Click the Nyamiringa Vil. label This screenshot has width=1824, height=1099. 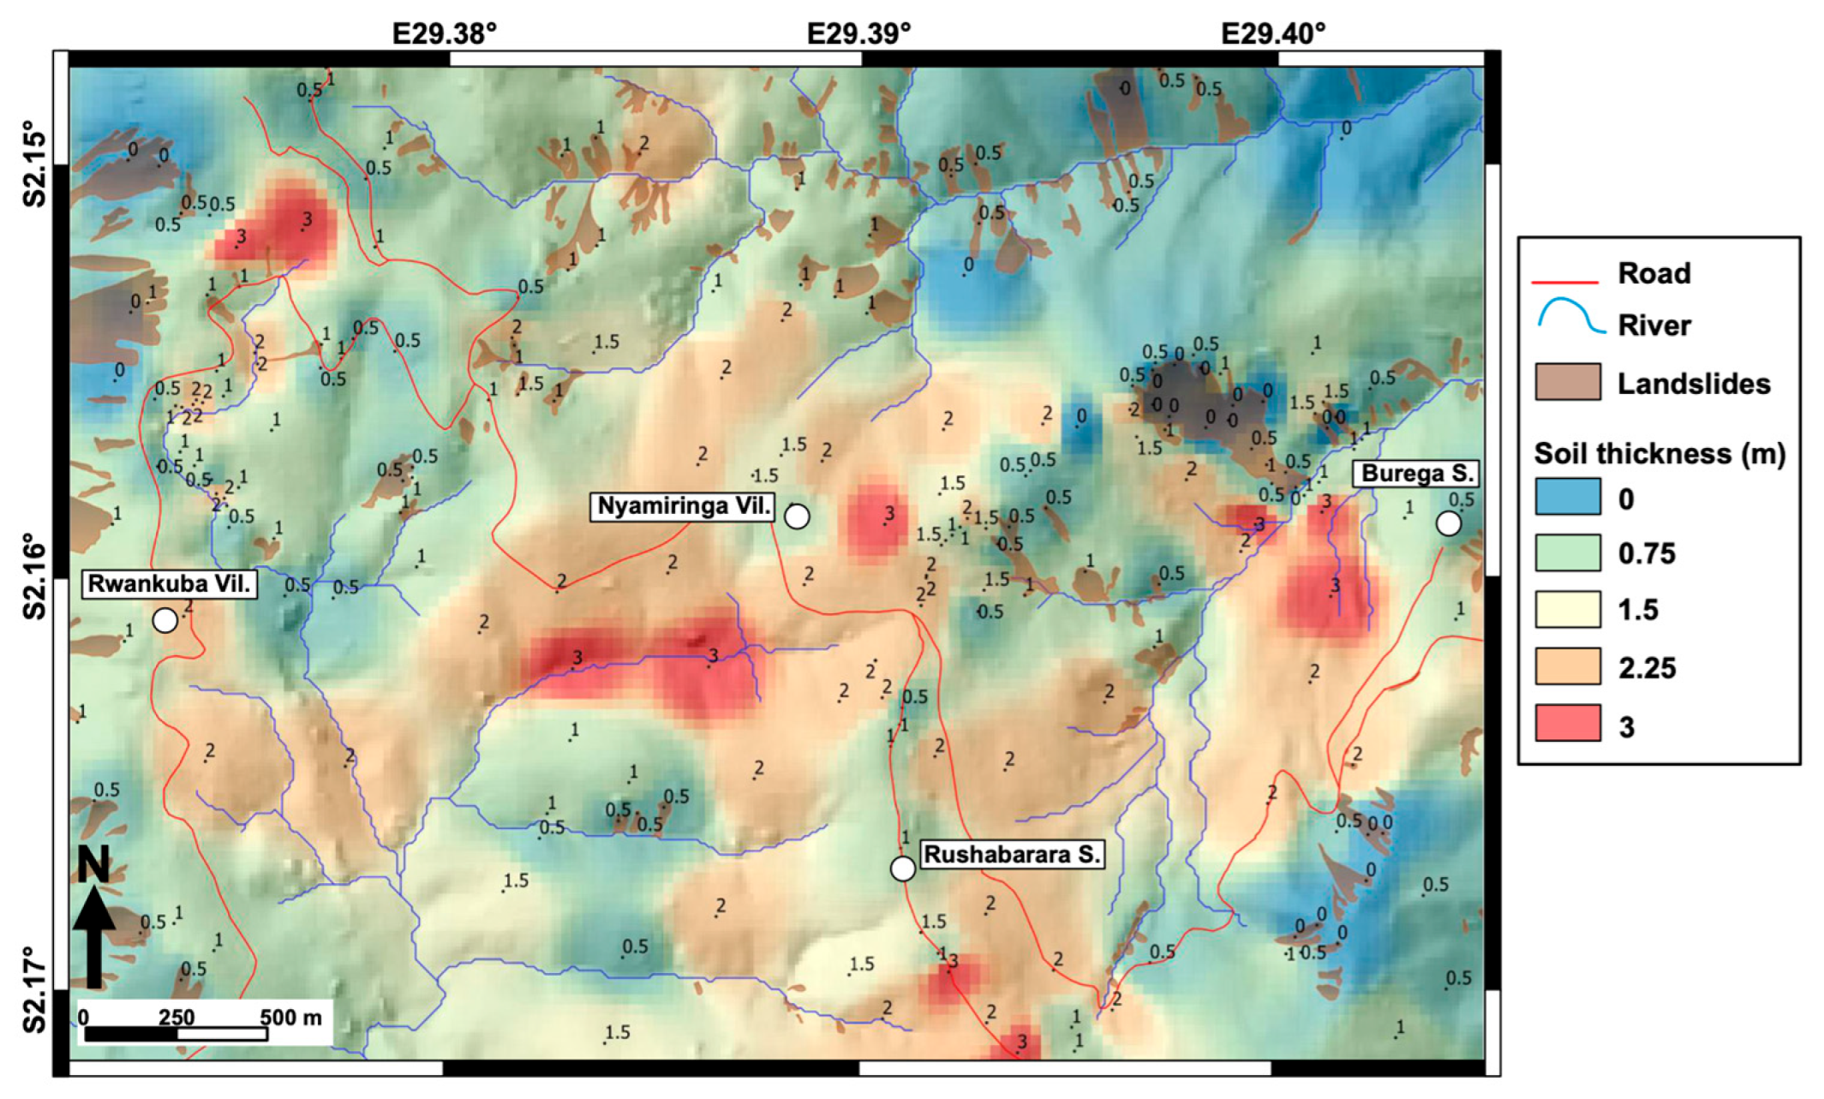683,506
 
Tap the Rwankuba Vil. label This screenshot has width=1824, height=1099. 170,584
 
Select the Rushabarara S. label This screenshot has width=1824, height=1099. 1012,855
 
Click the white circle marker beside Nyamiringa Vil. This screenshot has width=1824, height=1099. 797,517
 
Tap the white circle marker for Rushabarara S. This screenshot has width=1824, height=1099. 902,869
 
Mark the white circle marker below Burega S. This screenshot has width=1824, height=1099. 1448,523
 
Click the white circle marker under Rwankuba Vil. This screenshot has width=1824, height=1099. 165,619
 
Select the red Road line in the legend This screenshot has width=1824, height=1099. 1565,281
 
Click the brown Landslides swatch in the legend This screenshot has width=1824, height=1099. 1567,382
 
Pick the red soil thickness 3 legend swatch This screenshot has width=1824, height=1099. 1567,723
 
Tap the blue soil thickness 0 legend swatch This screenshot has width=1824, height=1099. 1567,497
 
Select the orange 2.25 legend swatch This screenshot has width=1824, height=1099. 1567,666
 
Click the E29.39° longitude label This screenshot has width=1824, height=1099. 858,33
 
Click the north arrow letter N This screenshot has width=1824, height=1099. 93,864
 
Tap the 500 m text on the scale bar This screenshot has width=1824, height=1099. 291,1017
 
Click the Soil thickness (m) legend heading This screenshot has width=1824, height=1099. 1659,453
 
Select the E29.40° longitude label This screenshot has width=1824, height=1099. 1273,33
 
